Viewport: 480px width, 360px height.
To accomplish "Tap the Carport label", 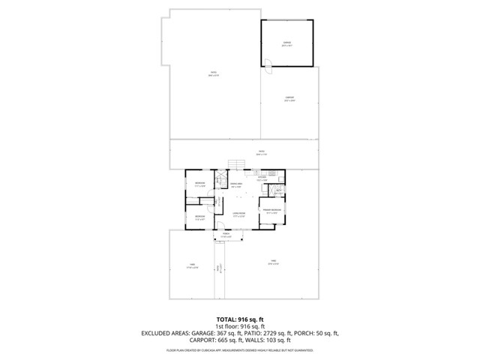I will [289, 98].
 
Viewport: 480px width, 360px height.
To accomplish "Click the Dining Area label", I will [236, 184].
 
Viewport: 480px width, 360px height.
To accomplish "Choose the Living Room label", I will [238, 215].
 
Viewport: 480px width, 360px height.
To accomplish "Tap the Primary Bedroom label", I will [271, 210].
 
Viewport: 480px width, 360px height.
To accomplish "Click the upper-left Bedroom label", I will [199, 184].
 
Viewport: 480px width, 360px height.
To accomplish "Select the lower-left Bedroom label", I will [199, 217].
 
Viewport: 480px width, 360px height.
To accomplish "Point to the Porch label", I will [226, 235].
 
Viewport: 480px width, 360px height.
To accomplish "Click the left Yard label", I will [192, 265].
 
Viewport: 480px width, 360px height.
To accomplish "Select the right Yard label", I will [274, 262].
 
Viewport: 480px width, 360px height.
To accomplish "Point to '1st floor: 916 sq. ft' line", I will [240, 327].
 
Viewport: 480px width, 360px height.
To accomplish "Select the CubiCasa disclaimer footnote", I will [240, 350].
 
